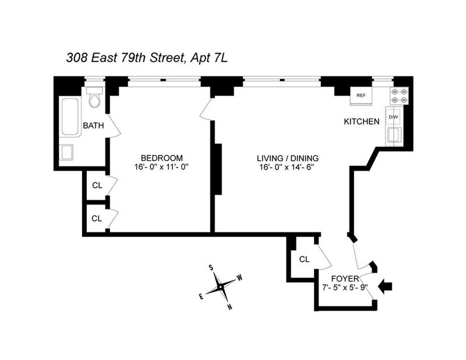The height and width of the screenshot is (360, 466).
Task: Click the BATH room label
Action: pos(93,126)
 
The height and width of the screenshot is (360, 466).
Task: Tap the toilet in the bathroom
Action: pos(95,97)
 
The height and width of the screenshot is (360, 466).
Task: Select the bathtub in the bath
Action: pos(70,117)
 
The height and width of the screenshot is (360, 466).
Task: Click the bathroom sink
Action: pos(67,152)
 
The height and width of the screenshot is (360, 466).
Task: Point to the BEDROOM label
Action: pos(162,158)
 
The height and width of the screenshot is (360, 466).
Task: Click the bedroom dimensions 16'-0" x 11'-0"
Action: pos(162,167)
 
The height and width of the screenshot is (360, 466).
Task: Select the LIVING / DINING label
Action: pos(288,158)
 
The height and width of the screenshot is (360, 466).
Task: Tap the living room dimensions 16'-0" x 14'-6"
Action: pos(287,167)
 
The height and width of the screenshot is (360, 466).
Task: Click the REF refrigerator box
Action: pos(361,96)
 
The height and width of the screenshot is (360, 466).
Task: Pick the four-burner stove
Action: pos(399,96)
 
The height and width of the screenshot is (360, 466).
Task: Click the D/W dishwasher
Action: pos(394,117)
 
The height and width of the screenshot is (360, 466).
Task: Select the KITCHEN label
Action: pos(362,122)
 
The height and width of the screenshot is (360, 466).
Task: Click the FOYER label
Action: pos(345,279)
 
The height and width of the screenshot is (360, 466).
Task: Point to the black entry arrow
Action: pos(385,287)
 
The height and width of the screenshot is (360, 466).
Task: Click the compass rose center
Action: pos(220,287)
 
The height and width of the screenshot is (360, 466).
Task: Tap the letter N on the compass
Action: pos(230,308)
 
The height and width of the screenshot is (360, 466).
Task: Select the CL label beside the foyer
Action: pos(304,260)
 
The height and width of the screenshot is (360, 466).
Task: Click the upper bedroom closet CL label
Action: pos(97,185)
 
